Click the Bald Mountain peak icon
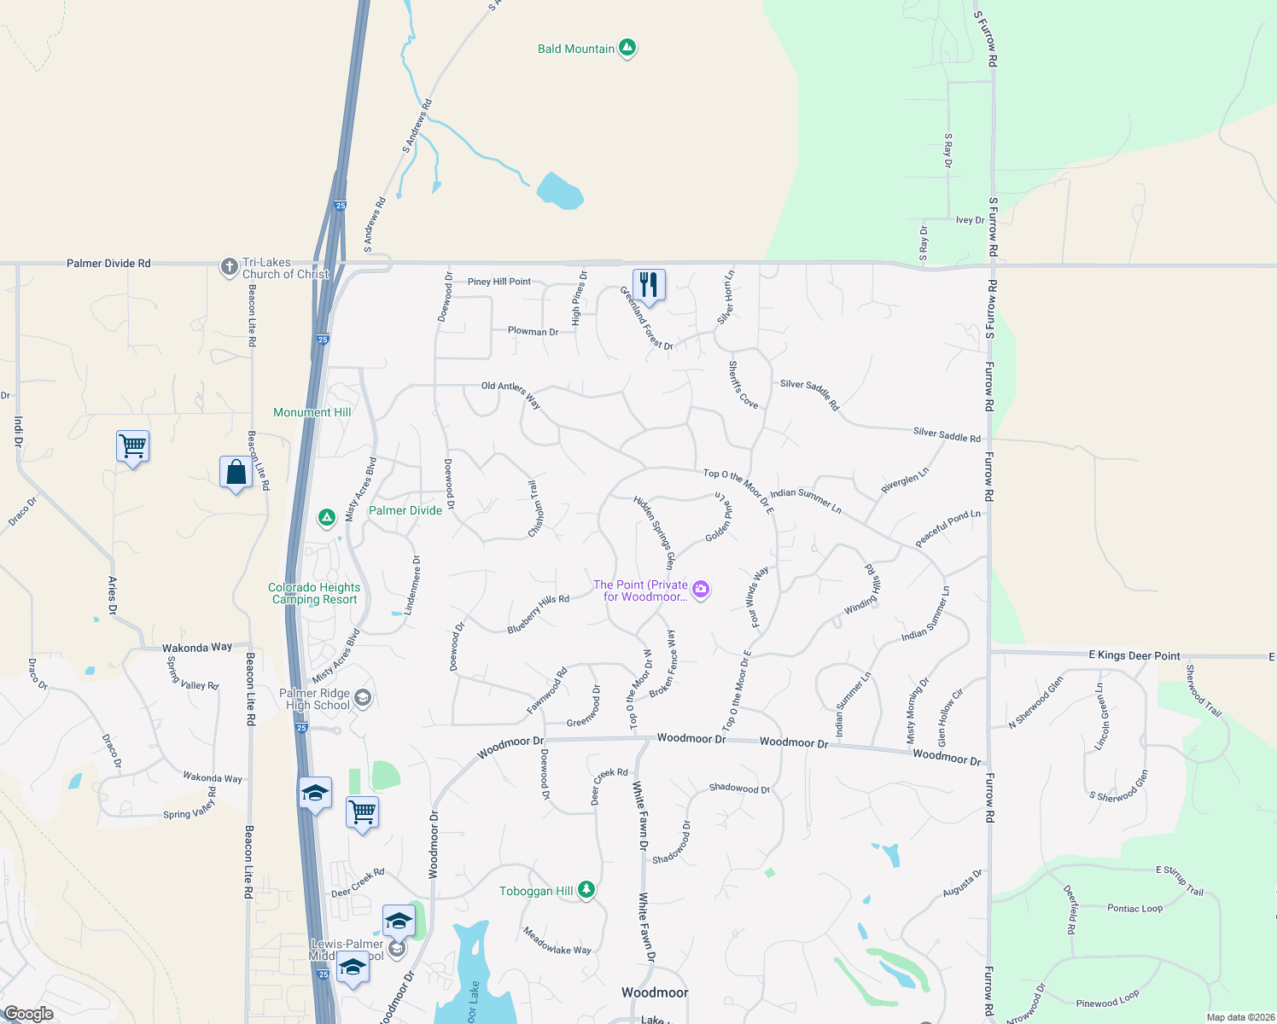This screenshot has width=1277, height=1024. [627, 49]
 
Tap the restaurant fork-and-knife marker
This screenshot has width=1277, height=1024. [649, 285]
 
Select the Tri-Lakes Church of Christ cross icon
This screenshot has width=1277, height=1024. [229, 268]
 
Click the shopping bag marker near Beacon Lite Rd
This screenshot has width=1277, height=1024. [236, 472]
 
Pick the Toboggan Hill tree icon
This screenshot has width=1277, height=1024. [586, 890]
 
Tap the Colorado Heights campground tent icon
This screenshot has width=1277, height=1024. [326, 518]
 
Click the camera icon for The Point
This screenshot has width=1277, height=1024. [701, 590]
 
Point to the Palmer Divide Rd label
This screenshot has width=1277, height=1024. [108, 264]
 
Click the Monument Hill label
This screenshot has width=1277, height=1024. [312, 412]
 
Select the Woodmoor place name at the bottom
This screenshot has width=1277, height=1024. [655, 992]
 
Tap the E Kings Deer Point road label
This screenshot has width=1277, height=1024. [1134, 655]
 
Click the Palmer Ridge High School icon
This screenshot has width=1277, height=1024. [362, 699]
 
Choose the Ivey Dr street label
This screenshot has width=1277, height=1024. [970, 220]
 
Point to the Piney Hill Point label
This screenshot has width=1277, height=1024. [499, 282]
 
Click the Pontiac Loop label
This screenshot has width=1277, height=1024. [1134, 909]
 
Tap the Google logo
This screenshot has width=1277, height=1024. [28, 1014]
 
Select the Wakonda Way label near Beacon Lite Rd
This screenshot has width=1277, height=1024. [197, 648]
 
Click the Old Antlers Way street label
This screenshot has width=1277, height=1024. [510, 393]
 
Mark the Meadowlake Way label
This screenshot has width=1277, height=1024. [557, 941]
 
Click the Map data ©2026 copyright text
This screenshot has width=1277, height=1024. [1238, 1017]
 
